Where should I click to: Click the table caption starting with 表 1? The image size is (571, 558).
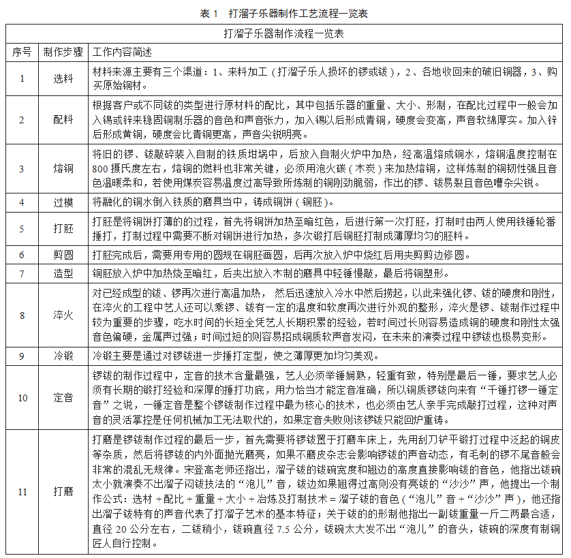284,13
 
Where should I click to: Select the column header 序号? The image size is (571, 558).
22,52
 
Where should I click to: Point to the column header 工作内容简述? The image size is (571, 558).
123,52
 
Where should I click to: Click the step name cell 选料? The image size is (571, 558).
63,78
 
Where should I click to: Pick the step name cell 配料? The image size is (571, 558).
63,120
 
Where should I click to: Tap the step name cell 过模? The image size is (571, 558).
63,202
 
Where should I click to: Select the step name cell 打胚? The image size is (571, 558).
63,229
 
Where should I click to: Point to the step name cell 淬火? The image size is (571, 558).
63,315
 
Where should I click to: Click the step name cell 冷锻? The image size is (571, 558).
63,356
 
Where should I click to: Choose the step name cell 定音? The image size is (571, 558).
63,398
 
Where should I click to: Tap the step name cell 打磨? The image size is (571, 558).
63,491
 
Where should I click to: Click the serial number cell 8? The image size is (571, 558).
22,315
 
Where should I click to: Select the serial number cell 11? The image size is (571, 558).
22,491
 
